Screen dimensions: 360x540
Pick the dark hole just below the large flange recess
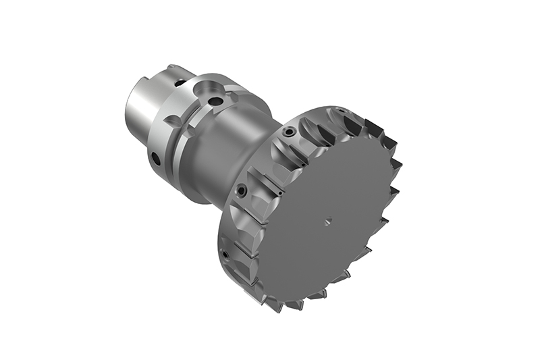(x=216, y=102)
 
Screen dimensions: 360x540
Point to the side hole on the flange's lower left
(x=155, y=159)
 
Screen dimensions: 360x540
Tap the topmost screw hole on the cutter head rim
(x=289, y=133)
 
